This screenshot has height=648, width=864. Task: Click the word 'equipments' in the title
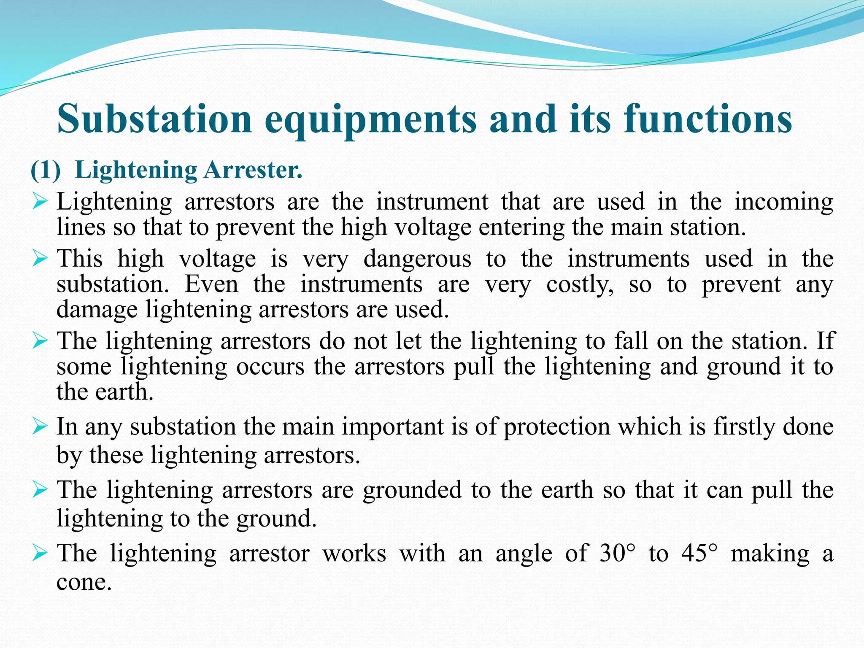[370, 120]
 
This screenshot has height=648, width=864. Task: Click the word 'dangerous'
[417, 259]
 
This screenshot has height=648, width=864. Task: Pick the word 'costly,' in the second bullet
[580, 284]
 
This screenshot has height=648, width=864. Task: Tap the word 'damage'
[97, 310]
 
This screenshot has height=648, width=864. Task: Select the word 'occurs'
[270, 366]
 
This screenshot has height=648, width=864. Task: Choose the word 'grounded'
[413, 490]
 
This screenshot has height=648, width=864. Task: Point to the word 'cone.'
[84, 583]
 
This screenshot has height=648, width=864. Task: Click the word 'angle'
[524, 554]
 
